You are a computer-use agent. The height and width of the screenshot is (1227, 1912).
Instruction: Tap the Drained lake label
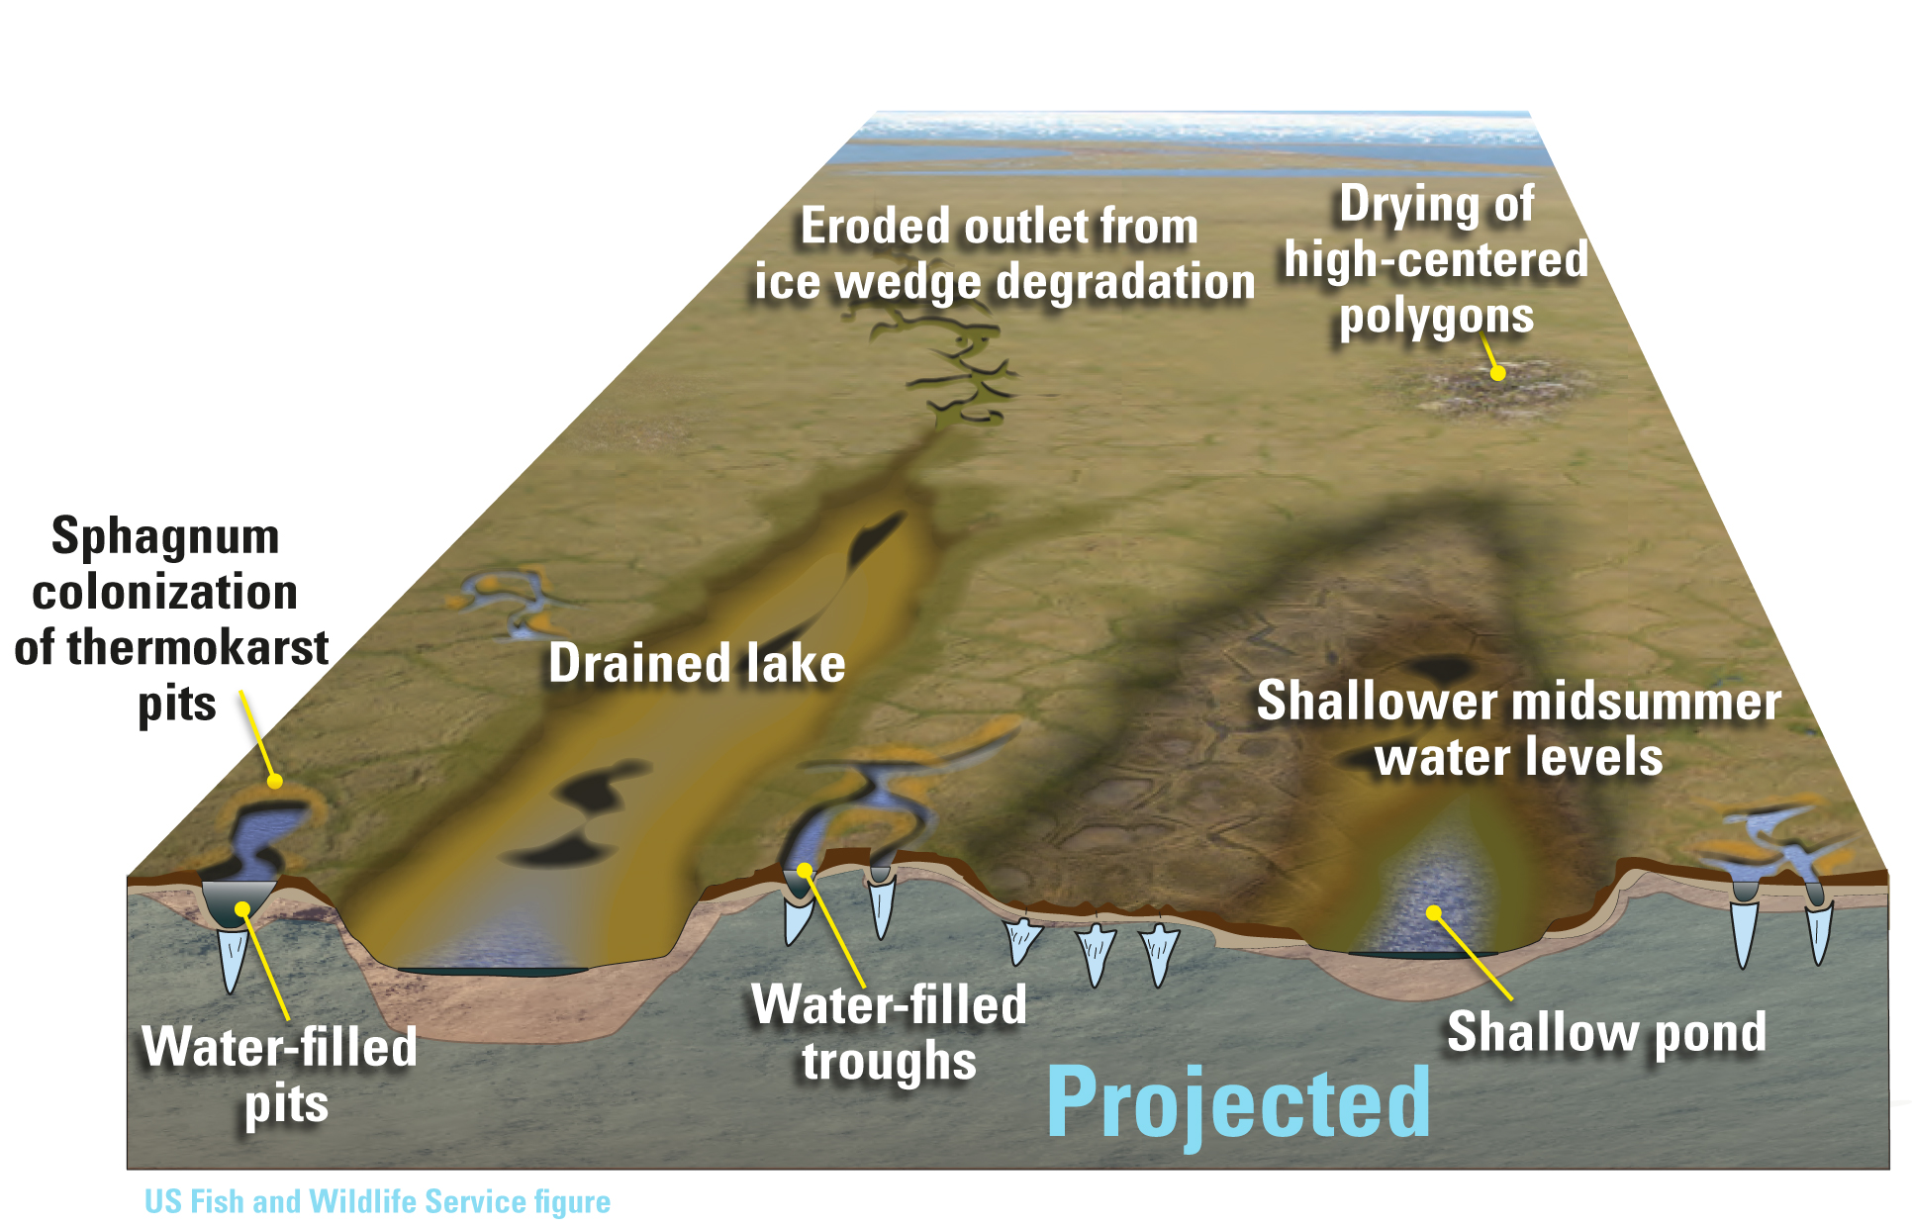click(x=697, y=663)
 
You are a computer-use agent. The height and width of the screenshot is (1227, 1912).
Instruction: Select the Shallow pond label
click(x=1606, y=1033)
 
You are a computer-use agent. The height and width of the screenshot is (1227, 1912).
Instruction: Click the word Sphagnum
click(x=165, y=538)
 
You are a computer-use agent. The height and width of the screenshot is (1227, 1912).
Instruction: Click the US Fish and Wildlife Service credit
click(x=377, y=1201)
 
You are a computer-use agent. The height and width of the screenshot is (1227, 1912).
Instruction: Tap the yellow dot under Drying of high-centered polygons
click(x=1498, y=373)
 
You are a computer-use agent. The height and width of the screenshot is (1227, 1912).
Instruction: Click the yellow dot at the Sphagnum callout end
click(x=275, y=781)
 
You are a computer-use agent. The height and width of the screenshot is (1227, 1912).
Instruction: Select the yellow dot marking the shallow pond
click(x=1433, y=911)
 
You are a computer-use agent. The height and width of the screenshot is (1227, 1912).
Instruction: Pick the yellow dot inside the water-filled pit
click(x=242, y=908)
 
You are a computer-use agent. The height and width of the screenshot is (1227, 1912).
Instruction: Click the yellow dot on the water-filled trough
click(x=805, y=871)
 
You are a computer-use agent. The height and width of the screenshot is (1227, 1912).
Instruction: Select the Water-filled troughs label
click(x=889, y=1032)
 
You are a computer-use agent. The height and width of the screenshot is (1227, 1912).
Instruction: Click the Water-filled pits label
click(x=280, y=1075)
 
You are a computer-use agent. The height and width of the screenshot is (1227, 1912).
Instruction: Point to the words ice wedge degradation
click(x=1004, y=282)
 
